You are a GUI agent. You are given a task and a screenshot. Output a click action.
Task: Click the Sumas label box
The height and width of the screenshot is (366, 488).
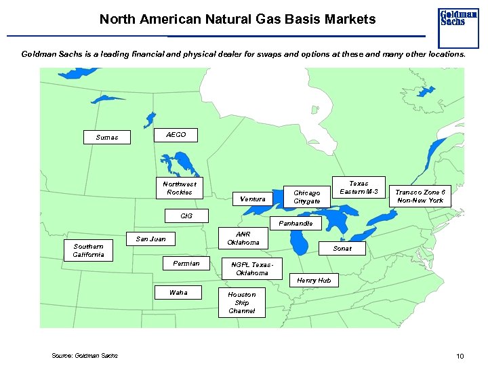point(107,137)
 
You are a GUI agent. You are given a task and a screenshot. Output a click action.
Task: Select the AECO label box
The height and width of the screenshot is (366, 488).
point(176,135)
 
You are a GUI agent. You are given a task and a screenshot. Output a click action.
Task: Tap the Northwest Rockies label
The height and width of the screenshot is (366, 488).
point(180,188)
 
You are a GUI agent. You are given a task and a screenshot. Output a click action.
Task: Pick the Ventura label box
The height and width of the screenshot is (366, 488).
point(253,199)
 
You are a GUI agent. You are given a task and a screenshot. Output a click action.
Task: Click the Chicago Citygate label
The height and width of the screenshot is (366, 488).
point(307,197)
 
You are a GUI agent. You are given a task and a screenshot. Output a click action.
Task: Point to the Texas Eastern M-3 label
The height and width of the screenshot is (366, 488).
point(359,188)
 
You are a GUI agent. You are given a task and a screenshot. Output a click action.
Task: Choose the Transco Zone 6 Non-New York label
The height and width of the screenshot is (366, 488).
point(421,196)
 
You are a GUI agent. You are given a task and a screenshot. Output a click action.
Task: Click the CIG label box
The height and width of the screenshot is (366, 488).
point(186,216)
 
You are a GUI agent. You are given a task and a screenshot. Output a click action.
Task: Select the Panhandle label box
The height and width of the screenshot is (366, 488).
point(296,223)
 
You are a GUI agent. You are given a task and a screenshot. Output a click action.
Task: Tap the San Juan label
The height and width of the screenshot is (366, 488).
point(150,239)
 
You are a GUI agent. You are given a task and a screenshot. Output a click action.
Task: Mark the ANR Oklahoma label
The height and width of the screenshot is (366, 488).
point(243,238)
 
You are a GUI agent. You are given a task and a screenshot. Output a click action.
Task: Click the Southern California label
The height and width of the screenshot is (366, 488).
point(89,250)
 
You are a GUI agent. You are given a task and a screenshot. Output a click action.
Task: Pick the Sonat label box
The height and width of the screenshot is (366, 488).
point(343,249)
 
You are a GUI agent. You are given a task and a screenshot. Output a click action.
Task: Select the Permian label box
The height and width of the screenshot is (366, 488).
point(186,263)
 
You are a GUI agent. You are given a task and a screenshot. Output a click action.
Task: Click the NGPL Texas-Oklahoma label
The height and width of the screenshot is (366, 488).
point(252,268)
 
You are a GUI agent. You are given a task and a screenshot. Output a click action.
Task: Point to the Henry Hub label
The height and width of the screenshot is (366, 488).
point(314,280)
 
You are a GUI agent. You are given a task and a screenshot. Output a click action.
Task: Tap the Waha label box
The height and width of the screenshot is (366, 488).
point(179,292)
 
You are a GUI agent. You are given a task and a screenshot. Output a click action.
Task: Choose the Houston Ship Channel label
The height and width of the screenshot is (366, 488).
point(242,302)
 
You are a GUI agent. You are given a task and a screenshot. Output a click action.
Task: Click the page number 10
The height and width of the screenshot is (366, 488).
point(460,356)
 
